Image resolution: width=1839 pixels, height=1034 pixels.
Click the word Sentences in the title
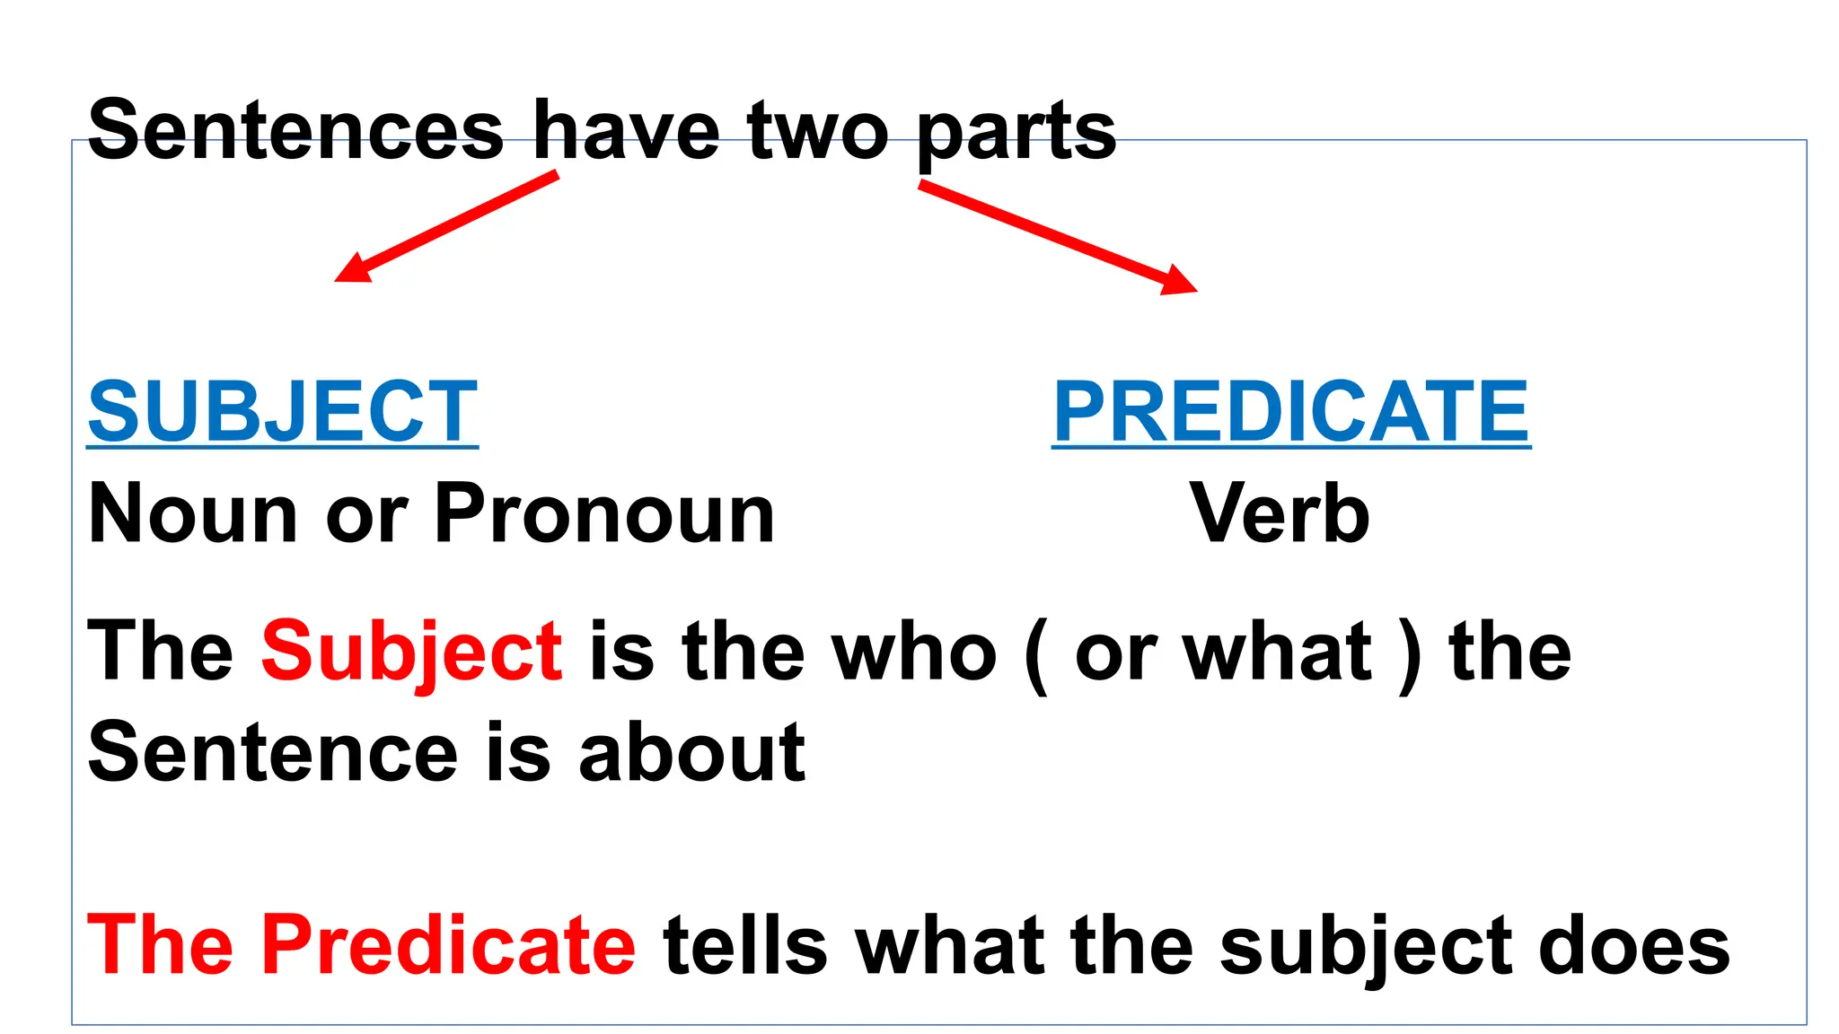pos(295,131)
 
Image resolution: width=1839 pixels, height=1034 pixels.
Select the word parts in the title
pos(1016,135)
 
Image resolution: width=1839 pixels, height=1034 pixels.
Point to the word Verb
pos(1280,513)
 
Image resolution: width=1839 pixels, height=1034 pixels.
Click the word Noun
pos(193,513)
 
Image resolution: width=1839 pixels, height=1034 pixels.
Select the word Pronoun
pos(604,515)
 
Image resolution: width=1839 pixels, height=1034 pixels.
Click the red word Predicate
pos(448,944)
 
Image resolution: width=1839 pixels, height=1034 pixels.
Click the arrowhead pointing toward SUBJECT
pos(352,269)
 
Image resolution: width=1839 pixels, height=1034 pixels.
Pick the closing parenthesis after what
pos(1410,655)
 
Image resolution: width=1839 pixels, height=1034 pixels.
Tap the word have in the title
pos(626,131)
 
